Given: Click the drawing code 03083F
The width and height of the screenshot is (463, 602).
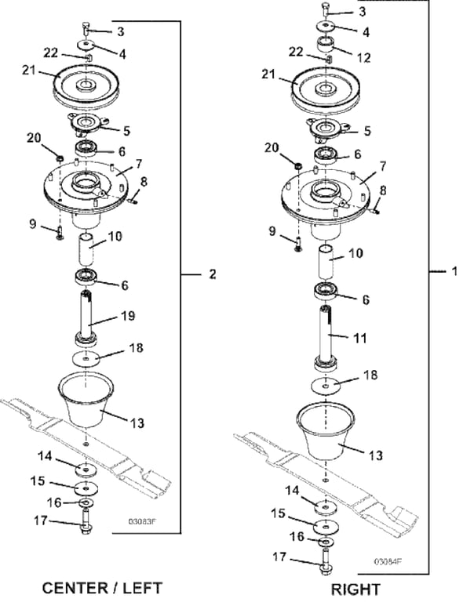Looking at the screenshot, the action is [142, 521].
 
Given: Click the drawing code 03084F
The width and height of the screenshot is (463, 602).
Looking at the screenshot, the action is [388, 561].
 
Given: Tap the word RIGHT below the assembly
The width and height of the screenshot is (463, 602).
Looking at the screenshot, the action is [355, 589].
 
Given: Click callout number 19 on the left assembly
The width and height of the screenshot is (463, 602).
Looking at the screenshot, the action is [128, 316].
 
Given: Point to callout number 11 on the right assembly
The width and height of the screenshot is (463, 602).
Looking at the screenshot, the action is [359, 339].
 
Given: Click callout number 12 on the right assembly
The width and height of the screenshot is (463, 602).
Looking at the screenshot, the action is [364, 57].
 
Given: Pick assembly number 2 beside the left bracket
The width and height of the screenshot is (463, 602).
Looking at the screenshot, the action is [213, 274].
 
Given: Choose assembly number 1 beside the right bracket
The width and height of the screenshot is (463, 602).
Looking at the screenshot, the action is [454, 271].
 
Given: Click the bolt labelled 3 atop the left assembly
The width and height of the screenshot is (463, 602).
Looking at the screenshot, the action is [86, 29].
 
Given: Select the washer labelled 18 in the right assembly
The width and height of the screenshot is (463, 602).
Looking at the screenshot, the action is [326, 386].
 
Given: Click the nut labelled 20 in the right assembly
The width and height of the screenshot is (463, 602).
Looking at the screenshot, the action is [297, 165].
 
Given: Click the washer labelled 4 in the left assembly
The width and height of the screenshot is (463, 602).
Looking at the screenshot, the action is [86, 45].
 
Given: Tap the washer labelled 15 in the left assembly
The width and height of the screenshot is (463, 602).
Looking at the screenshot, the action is [86, 488].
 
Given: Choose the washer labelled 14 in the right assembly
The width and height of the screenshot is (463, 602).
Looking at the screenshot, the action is [326, 508].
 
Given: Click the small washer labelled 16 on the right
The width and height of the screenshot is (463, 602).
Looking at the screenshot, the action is [326, 542].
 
